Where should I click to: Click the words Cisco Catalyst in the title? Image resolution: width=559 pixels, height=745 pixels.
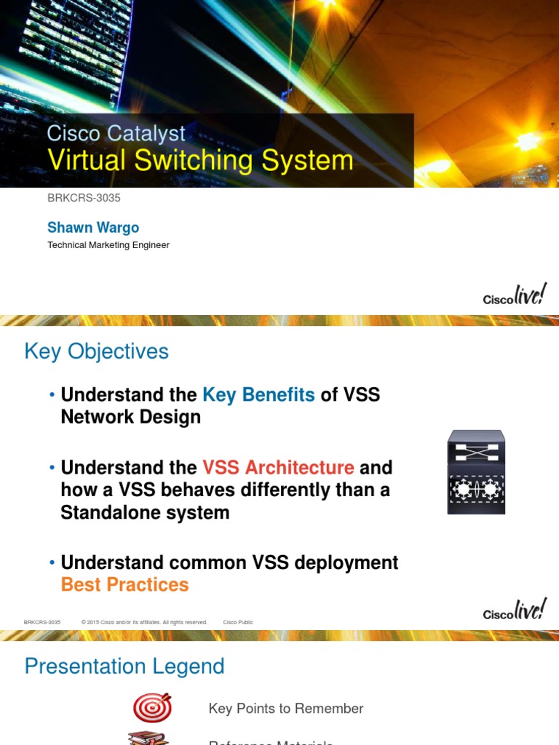tap(116, 133)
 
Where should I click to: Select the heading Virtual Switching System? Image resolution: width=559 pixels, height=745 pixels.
tap(200, 161)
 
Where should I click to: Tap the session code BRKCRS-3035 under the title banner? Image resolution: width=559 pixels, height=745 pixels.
tap(84, 198)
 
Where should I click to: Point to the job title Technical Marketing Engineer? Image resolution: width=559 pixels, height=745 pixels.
tap(108, 245)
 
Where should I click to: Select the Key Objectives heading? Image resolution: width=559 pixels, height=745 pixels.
tap(96, 351)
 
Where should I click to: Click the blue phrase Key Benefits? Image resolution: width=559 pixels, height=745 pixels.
tap(258, 394)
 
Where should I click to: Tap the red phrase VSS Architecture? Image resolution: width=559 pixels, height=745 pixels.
tap(278, 467)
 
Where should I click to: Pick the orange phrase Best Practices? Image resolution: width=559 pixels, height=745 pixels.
tap(124, 584)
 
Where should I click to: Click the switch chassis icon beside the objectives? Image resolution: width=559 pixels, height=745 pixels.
tap(476, 473)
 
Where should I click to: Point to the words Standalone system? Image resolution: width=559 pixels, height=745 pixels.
tap(145, 512)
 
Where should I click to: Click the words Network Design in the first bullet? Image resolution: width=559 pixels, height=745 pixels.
tap(130, 417)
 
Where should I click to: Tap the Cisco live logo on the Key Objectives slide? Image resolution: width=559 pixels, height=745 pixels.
tap(515, 610)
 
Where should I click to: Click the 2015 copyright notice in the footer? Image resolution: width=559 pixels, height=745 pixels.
tap(144, 623)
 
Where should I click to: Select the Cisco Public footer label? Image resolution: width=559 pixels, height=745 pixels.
tap(238, 623)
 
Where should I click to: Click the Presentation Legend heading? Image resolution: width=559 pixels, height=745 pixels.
tap(124, 666)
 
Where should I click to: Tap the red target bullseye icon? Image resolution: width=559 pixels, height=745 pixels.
tap(152, 708)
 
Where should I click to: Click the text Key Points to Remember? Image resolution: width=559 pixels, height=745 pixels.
tap(285, 709)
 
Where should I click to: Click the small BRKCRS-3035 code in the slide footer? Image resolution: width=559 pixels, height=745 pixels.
tap(42, 623)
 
